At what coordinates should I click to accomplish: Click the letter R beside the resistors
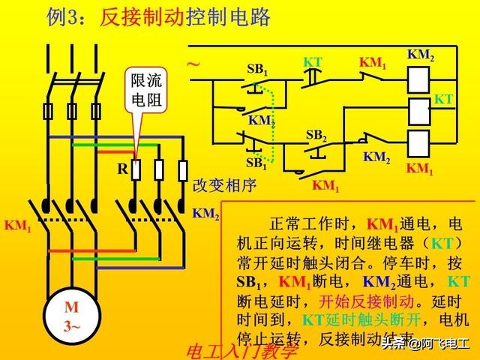coord(121,169)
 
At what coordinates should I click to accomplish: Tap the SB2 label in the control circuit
coord(316,136)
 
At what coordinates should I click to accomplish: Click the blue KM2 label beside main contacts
coord(205,214)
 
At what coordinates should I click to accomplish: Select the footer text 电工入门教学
coord(241,351)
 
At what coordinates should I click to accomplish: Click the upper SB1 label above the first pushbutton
coord(257,69)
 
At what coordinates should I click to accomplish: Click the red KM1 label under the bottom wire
coord(325,184)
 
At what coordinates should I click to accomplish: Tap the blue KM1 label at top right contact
coord(373,64)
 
